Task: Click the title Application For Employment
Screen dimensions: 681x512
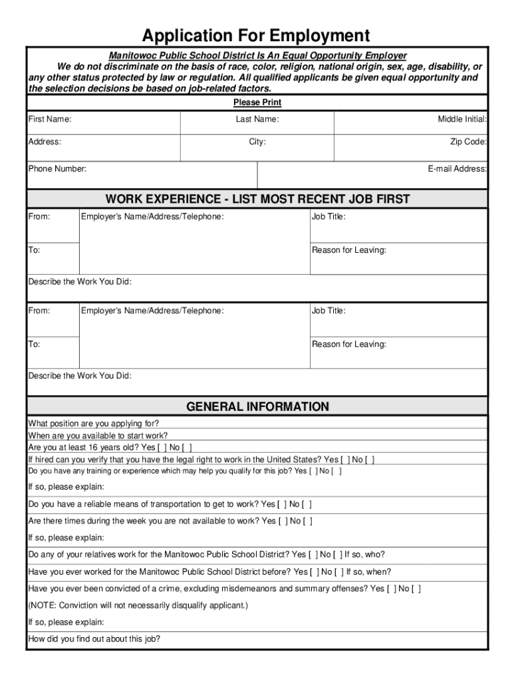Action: [x=256, y=35]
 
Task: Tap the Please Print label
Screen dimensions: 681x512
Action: [x=257, y=102]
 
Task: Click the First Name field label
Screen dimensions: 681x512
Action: [x=50, y=119]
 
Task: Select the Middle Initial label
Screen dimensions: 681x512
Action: [x=462, y=119]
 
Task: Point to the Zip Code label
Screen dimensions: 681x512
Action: [x=468, y=142]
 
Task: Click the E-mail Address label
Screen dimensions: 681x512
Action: [x=457, y=169]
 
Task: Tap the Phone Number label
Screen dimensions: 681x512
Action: [x=57, y=169]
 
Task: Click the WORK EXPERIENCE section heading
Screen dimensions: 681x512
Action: [x=257, y=200]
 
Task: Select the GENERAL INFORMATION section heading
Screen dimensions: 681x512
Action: [x=257, y=406]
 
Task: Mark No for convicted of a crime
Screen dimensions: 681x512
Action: [x=416, y=589]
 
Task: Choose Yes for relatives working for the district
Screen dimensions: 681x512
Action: [x=313, y=555]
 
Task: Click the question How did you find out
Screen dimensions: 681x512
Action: [x=94, y=640]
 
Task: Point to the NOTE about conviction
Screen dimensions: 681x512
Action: [x=138, y=606]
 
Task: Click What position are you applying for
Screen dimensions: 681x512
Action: [x=94, y=424]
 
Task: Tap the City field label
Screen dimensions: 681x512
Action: [x=257, y=142]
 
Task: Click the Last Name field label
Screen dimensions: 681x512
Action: [x=257, y=119]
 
